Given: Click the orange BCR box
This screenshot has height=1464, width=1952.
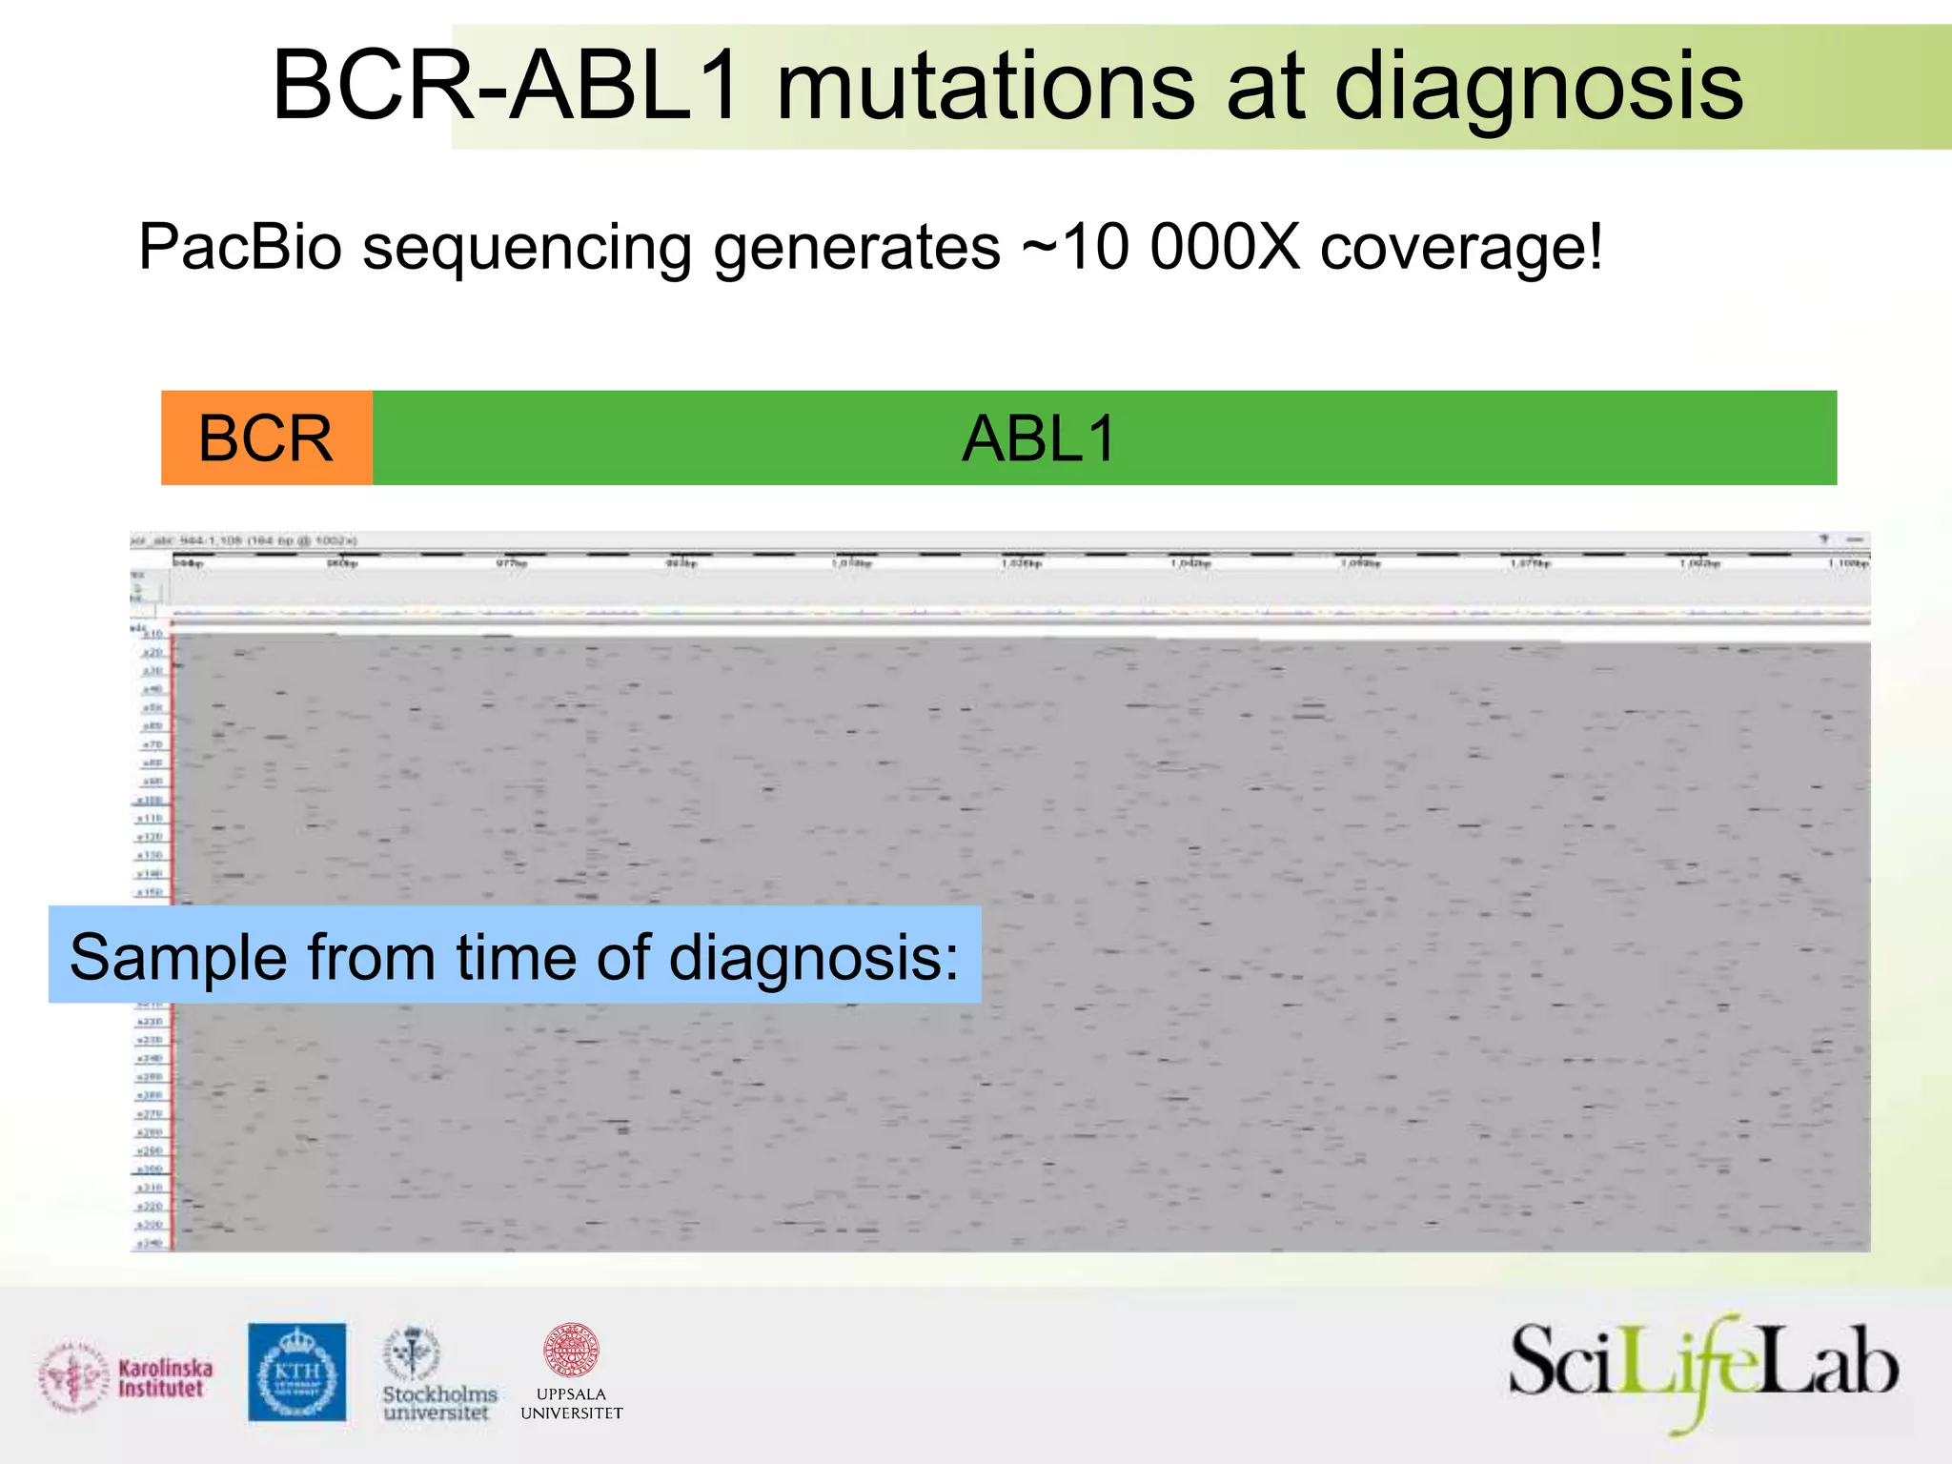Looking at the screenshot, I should click(x=266, y=438).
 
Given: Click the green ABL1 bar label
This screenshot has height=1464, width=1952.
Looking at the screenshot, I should click(x=1039, y=439).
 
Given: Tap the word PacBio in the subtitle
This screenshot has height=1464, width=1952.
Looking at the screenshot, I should click(x=240, y=248).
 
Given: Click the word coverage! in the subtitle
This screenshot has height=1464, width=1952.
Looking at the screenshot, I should click(x=1461, y=248).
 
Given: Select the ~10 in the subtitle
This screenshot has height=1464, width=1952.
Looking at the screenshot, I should click(x=1077, y=248).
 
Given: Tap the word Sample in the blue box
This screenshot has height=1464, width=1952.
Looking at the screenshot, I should click(x=177, y=957).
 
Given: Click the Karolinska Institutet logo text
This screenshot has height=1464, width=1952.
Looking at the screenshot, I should click(x=165, y=1378).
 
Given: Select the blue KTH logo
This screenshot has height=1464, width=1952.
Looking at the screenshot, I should click(x=297, y=1372).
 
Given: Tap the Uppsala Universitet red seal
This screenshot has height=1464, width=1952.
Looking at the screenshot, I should click(x=570, y=1350).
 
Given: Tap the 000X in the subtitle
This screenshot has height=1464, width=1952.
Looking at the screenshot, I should click(x=1224, y=248).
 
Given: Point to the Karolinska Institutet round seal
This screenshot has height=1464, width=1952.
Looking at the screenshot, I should click(x=72, y=1377).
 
